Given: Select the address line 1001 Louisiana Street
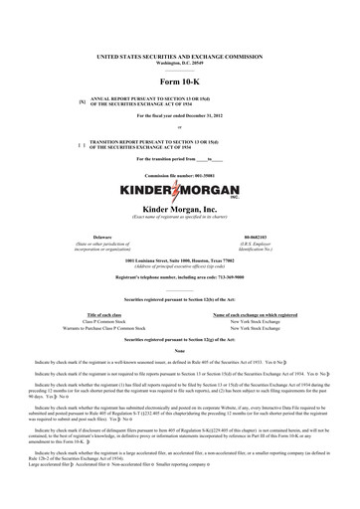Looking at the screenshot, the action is tap(179, 260).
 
